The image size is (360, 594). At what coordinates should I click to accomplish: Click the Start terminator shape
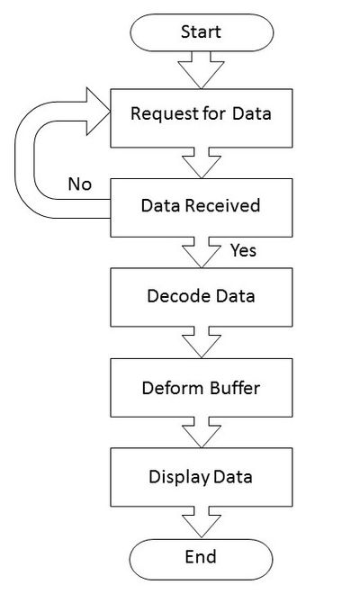point(202,32)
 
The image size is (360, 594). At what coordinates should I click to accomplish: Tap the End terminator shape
point(201,560)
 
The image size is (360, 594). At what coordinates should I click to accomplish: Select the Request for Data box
point(202,118)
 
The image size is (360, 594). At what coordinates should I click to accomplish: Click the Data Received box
point(202,208)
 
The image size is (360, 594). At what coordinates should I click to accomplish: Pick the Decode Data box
point(202,297)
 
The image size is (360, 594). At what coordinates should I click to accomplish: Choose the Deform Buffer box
point(202,388)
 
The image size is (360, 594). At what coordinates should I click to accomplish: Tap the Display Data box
point(202,477)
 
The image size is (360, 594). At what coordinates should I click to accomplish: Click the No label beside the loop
point(80,184)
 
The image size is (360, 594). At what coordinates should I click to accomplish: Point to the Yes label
point(243,250)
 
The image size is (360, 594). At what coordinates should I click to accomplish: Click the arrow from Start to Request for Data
point(202,70)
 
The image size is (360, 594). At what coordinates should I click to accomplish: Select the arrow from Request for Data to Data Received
point(202,163)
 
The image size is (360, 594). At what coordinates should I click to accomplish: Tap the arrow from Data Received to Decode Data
point(202,253)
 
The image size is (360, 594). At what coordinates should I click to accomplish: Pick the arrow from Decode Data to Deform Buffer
point(202,343)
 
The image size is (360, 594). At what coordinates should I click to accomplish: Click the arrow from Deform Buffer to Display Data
point(202,433)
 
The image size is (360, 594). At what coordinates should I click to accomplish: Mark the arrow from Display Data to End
point(202,522)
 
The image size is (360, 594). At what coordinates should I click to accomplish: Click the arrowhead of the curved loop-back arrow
point(98,112)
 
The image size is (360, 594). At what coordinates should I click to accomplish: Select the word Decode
point(174,296)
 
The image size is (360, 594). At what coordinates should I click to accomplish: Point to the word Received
point(222,205)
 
